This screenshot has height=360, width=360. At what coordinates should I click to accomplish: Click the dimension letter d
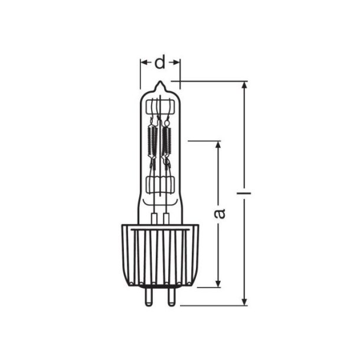160,61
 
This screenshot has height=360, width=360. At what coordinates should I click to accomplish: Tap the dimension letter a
220,212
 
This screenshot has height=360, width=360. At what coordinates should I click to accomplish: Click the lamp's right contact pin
171,295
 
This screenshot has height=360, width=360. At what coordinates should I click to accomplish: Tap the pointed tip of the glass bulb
160,84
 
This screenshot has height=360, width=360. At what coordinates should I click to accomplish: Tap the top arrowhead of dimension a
219,145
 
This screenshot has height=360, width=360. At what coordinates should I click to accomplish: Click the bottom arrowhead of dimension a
219,283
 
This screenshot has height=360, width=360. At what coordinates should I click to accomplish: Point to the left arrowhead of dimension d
143,61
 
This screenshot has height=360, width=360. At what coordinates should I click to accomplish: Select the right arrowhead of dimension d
177,61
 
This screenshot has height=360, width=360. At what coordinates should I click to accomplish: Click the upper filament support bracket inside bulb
160,109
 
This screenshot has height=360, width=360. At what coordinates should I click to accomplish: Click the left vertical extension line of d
140,74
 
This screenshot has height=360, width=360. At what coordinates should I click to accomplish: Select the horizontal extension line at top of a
204,141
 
